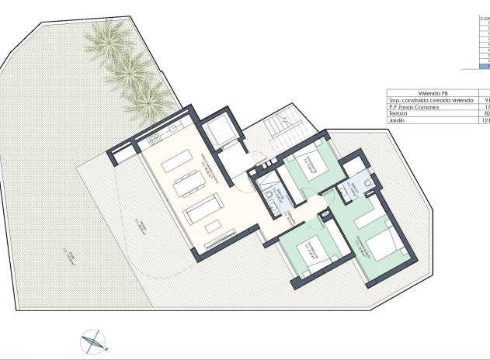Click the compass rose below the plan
coord(94,339)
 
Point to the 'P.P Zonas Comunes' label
coord(413,106)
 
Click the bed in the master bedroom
coord(381,246)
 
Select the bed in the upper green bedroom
coord(314,165)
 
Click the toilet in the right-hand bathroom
coord(367,185)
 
